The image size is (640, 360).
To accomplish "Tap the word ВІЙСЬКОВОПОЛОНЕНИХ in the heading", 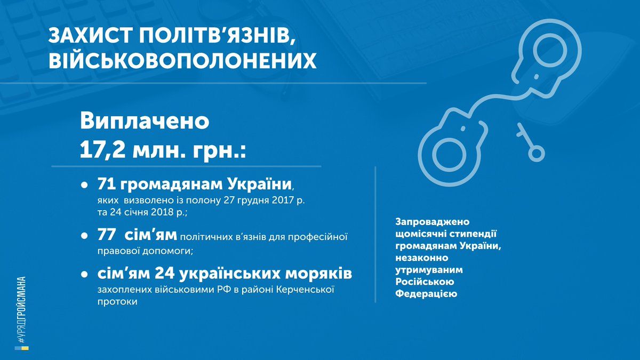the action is coord(182,60).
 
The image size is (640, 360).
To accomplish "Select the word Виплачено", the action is coord(145,121).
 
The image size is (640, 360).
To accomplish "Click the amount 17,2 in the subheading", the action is coord(103,150).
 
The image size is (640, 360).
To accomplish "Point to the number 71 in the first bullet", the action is coord(106,185).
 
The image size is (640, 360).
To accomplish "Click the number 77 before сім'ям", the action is coord(107,236).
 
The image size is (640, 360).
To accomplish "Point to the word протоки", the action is coord(117,302).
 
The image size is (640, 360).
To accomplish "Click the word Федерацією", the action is coord(426,294).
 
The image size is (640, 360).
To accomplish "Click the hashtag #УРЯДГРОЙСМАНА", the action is coord(21,310).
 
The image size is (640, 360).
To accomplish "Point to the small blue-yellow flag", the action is coord(22,348).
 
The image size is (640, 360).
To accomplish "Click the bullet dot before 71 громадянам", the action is coord(84,186).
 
